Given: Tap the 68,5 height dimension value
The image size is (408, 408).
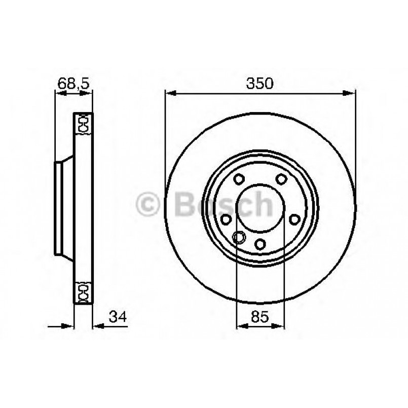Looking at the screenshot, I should click(x=73, y=84).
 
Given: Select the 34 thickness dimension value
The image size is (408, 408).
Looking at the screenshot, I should click(x=117, y=318).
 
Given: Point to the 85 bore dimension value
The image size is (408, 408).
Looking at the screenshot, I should click(x=260, y=318).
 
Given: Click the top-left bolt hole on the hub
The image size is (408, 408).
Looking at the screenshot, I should click(x=239, y=179).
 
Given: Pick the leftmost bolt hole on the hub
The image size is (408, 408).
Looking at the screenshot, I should click(x=226, y=218).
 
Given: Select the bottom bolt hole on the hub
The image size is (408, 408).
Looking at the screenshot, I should click(x=259, y=243).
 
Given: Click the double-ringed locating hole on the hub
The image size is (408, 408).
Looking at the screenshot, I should click(x=239, y=237).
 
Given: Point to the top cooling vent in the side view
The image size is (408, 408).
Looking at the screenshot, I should click(x=83, y=123).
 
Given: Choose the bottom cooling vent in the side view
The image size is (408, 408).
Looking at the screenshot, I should click(x=83, y=292).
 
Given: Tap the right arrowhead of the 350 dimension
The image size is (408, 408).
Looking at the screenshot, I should click(x=351, y=93).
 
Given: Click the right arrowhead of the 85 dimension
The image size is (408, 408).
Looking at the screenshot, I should click(x=279, y=326).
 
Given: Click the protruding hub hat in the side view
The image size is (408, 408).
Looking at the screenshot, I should click(x=64, y=208).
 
